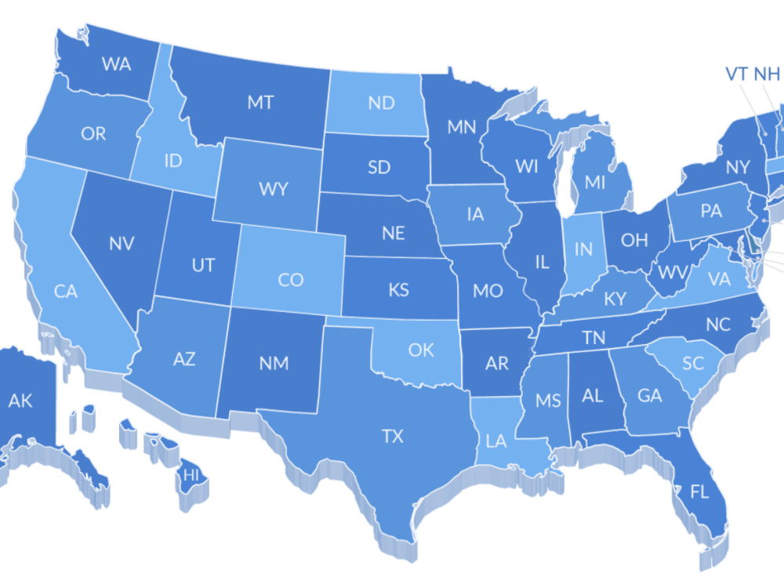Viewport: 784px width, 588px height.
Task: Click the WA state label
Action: (x=116, y=64)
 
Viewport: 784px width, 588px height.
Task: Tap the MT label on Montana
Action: (x=260, y=103)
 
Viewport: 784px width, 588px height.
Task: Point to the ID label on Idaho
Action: (x=173, y=161)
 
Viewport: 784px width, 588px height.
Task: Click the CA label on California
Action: (x=66, y=292)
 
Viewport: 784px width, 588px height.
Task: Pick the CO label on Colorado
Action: (x=290, y=279)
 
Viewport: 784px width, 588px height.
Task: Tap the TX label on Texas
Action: (x=392, y=436)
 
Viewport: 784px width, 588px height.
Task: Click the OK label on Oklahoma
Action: (x=421, y=350)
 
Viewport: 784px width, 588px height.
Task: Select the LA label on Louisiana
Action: (x=496, y=441)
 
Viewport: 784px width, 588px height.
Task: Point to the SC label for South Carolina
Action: (x=692, y=363)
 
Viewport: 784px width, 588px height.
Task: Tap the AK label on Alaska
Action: (x=20, y=401)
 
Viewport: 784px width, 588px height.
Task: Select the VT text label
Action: (x=735, y=74)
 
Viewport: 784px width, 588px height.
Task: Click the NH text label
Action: (x=767, y=74)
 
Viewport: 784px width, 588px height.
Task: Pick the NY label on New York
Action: (x=738, y=167)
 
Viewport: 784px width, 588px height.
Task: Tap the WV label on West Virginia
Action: (x=671, y=273)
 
